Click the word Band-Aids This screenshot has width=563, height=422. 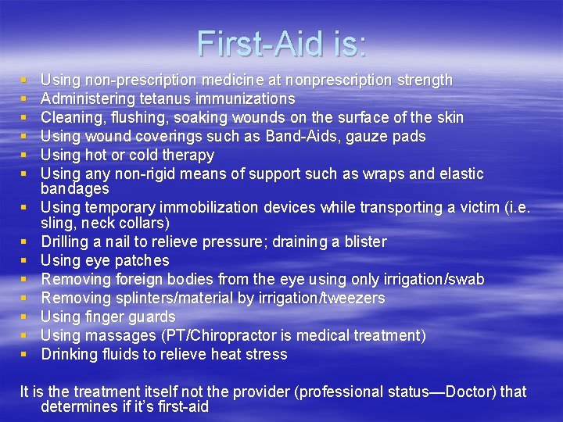click(x=299, y=136)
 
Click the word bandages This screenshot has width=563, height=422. click(x=74, y=189)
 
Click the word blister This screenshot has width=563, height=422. click(x=361, y=241)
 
